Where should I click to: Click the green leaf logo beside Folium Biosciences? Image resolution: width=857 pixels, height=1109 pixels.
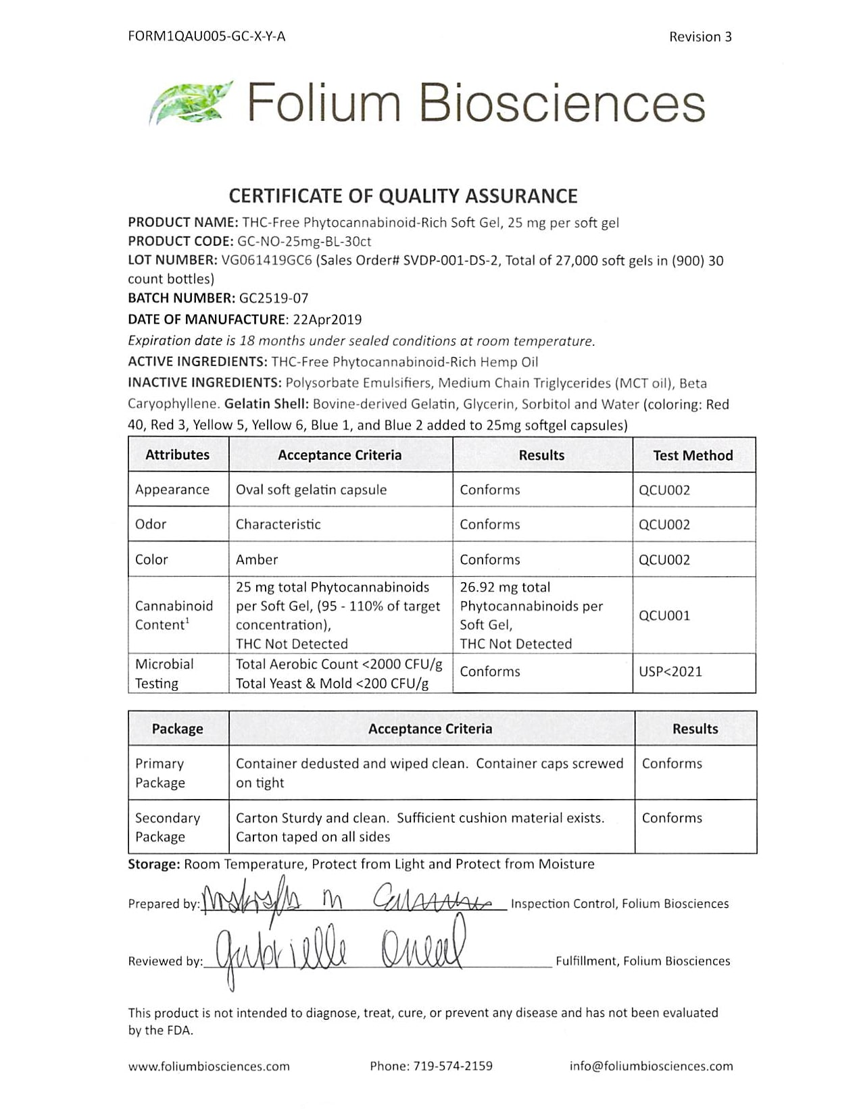tap(190, 103)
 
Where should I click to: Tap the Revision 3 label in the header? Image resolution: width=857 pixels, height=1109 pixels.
tap(700, 37)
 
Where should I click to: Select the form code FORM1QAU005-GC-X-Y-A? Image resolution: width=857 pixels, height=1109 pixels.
tap(207, 36)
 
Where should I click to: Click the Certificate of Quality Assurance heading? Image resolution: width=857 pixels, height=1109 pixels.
tap(403, 196)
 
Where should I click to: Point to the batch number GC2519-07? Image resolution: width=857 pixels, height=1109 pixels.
tap(274, 298)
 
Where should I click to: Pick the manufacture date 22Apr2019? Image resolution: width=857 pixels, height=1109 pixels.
tap(326, 319)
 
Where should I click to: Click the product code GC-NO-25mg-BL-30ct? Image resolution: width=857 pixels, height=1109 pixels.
tap(304, 241)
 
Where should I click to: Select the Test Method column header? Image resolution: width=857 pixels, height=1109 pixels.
tap(693, 455)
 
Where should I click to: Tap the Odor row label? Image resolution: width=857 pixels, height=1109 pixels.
tap(151, 524)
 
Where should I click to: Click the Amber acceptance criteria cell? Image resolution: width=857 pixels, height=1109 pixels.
tap(257, 559)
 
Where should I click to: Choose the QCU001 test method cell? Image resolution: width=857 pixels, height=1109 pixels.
tap(664, 615)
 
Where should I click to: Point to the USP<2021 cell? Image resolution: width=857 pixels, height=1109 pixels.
tap(670, 671)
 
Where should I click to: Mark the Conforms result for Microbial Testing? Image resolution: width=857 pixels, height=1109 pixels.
tap(490, 671)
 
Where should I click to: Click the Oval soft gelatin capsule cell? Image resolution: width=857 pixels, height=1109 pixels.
tap(311, 490)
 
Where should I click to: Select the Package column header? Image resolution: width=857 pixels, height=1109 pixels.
tap(177, 729)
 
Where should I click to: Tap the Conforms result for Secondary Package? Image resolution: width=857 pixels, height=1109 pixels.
tap(672, 818)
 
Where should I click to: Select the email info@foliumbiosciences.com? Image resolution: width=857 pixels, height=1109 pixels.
tap(651, 1066)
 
